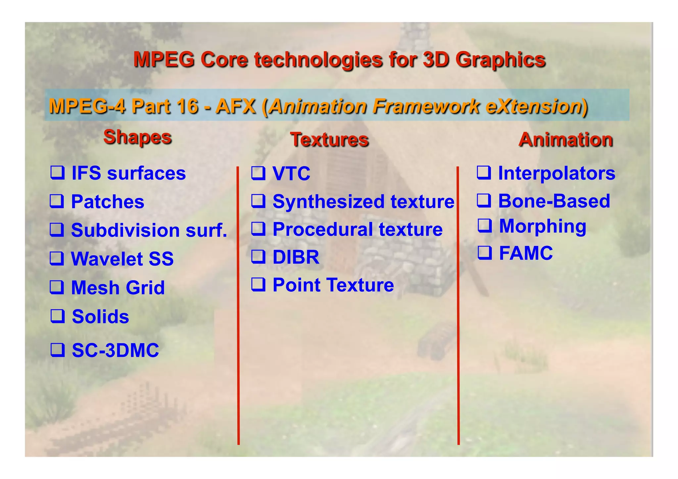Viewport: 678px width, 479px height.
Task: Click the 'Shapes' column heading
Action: tap(137, 137)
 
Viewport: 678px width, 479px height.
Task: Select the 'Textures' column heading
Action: tap(329, 139)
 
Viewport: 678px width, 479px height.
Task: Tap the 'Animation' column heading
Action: tap(566, 139)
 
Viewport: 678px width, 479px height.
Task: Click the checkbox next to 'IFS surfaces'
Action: tap(57, 172)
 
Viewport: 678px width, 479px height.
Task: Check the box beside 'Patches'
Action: tap(57, 201)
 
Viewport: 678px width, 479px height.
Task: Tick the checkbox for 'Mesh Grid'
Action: tap(57, 287)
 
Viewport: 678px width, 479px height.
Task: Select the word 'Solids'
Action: tap(100, 316)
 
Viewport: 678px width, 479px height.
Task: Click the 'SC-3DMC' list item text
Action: tap(115, 350)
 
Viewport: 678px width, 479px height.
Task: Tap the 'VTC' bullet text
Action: tap(291, 173)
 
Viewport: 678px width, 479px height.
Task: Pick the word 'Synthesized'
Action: tap(329, 202)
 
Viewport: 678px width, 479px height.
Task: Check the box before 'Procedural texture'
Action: tap(258, 229)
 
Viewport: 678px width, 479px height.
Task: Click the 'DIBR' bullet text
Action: tap(296, 257)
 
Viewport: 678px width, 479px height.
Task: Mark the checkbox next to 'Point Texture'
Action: tap(258, 284)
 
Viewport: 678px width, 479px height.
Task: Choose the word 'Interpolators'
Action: tap(557, 173)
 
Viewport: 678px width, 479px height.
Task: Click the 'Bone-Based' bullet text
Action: tap(554, 201)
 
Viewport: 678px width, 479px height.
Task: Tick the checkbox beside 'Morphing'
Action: tap(485, 225)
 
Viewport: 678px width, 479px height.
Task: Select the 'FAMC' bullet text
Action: tap(526, 253)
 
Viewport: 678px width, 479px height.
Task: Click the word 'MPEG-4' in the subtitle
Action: tap(87, 106)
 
